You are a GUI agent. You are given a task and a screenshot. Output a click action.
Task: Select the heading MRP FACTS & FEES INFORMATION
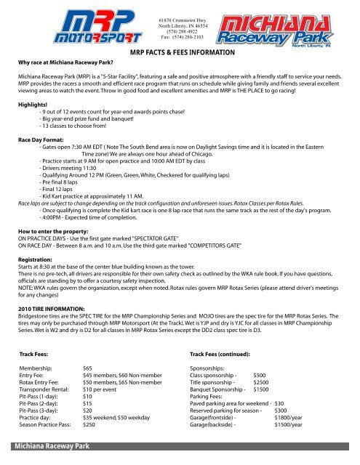tap(180, 53)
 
